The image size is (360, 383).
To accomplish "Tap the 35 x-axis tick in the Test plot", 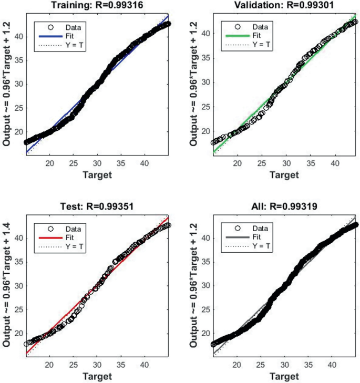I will click(120, 365).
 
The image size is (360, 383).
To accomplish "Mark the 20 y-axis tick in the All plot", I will click(205, 333).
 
